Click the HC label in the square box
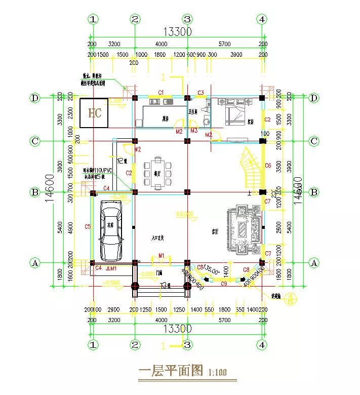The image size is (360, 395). (95, 112)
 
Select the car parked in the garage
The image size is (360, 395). (111, 229)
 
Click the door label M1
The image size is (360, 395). (162, 255)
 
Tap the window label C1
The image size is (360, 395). (161, 92)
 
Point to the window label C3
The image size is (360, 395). (201, 92)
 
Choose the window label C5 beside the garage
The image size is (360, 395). (88, 226)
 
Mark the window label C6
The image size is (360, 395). (268, 166)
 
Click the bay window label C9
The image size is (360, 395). (224, 284)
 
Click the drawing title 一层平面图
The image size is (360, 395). (171, 371)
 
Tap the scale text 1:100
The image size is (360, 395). (218, 373)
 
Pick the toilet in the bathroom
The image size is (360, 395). (206, 121)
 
